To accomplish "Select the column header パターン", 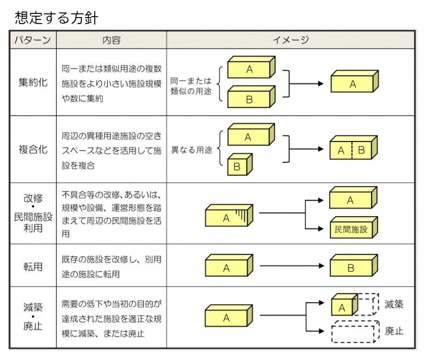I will click(32, 40).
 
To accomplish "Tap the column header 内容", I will click(111, 40).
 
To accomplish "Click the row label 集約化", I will click(33, 83).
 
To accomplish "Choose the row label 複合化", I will click(33, 150).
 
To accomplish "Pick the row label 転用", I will click(33, 267).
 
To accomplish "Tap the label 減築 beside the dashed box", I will click(394, 305).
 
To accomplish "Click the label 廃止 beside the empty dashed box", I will click(394, 331).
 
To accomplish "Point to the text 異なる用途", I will click(192, 151).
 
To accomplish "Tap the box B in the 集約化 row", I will click(250, 98).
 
